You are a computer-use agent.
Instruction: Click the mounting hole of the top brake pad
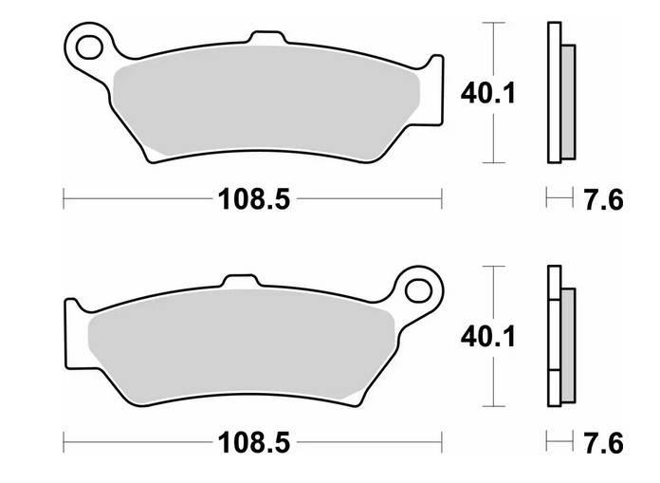(x=89, y=47)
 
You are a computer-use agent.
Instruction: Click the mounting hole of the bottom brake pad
(x=418, y=290)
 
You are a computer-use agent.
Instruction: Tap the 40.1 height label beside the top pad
(x=487, y=94)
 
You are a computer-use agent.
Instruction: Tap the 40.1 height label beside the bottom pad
(x=487, y=337)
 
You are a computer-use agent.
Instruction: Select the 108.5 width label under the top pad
(x=254, y=199)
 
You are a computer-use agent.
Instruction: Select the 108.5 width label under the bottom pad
(x=254, y=442)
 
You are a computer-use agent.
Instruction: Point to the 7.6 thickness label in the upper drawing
(x=603, y=199)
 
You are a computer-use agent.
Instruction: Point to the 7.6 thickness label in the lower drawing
(x=603, y=443)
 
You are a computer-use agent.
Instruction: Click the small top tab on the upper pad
(x=268, y=37)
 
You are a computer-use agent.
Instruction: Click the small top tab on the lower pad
(x=240, y=281)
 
